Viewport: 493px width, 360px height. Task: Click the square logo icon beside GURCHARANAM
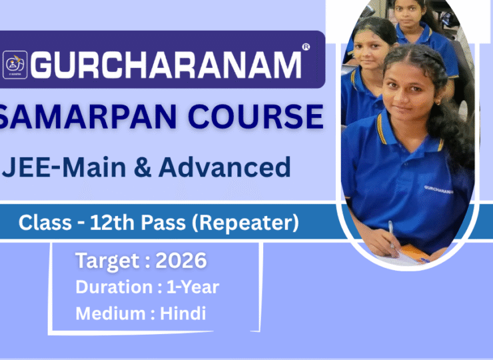tap(15, 65)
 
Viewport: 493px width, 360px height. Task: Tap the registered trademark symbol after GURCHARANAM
tap(306, 47)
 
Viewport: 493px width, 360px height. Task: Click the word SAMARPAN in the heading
tap(87, 116)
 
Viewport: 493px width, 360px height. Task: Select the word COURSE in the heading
tap(256, 116)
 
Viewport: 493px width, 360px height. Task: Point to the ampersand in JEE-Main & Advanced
tap(143, 167)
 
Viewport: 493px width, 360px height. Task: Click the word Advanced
tap(225, 167)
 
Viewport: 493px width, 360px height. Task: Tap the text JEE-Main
tap(64, 167)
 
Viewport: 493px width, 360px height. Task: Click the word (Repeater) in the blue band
tap(245, 223)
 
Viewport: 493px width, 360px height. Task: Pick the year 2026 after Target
tap(181, 261)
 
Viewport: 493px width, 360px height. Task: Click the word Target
tap(107, 261)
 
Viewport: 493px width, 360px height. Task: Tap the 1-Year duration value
tap(193, 287)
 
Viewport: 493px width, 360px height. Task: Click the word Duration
tap(115, 287)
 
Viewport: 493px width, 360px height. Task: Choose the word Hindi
tap(183, 313)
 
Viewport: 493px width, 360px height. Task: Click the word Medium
tap(111, 313)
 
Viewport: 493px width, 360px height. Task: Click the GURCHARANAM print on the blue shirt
tap(438, 189)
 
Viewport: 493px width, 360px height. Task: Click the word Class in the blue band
tap(45, 223)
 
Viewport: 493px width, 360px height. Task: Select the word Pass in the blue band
tap(163, 223)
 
